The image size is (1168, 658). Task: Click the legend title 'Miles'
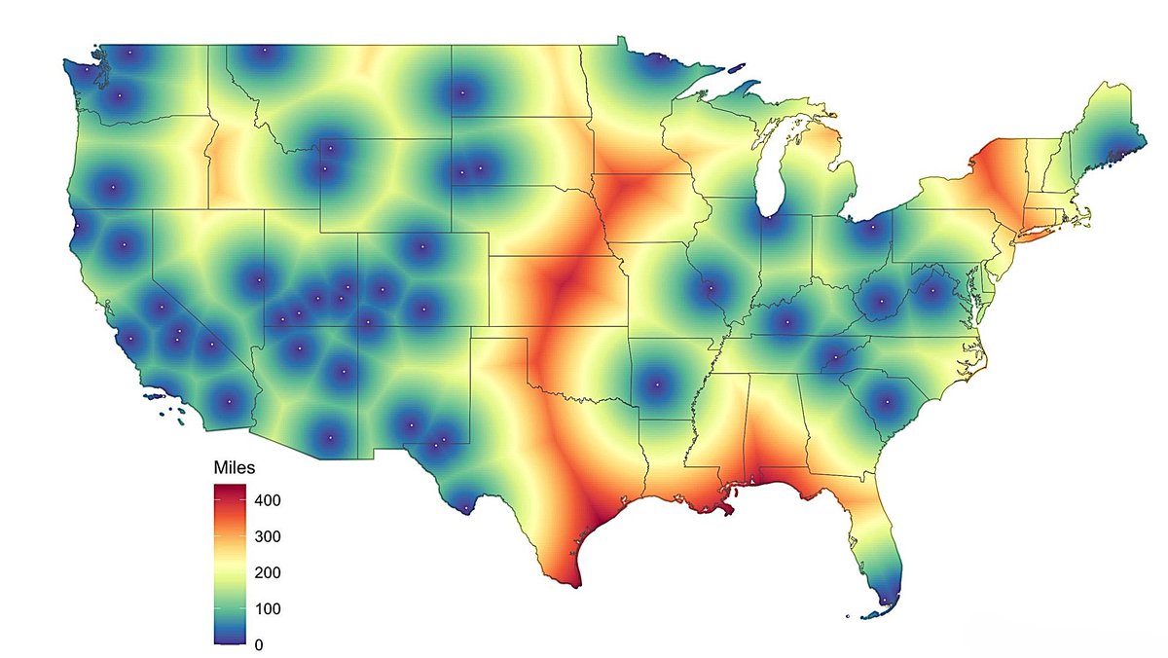(234, 468)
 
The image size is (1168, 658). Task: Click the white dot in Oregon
(113, 186)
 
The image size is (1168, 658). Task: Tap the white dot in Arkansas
(656, 384)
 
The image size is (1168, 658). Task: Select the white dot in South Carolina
(886, 400)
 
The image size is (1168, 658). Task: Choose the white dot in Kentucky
(785, 320)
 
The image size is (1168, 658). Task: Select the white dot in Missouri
(712, 289)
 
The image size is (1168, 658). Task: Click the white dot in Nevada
(258, 282)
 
